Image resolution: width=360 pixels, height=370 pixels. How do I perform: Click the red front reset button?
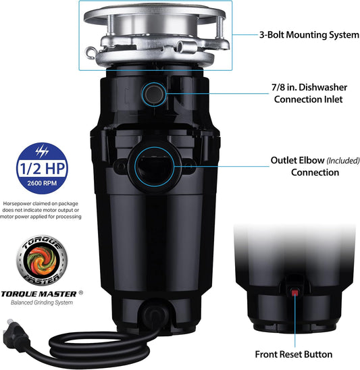[296, 292]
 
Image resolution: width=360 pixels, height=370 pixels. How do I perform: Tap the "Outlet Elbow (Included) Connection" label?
[304, 166]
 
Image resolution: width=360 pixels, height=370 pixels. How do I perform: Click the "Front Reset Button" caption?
[292, 354]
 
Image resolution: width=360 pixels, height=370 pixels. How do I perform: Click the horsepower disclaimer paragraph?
[42, 209]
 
